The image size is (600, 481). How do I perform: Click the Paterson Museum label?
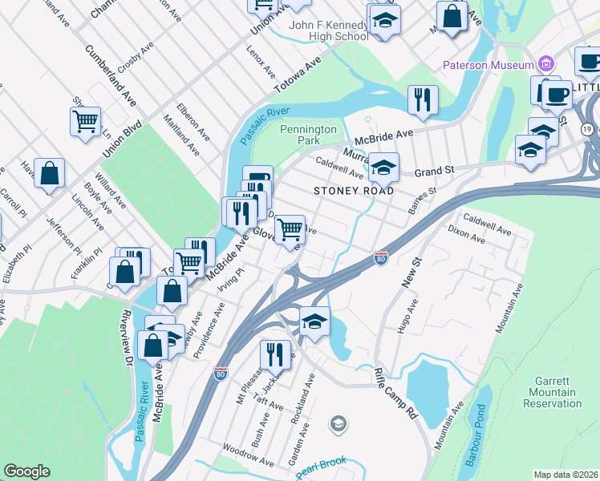point(489,65)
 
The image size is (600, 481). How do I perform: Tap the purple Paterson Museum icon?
point(546,64)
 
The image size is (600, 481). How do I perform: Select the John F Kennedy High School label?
point(329,30)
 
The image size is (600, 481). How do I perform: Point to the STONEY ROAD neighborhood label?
point(354,192)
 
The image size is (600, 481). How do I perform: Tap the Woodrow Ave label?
point(248,454)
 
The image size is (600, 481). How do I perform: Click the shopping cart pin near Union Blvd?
point(85,122)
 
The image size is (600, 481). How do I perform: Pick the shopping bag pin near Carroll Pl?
point(49,173)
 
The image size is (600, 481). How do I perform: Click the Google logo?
point(26,471)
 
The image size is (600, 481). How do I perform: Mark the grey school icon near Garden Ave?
point(339,422)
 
